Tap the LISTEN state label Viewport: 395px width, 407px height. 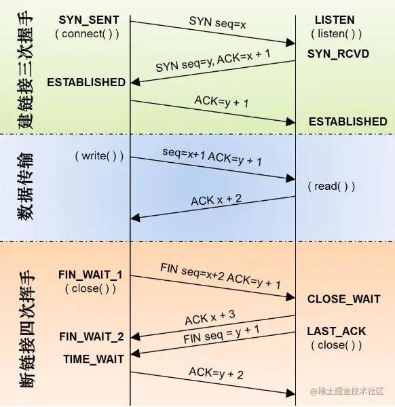[x=335, y=20]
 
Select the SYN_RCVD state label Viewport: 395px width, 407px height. [x=338, y=53]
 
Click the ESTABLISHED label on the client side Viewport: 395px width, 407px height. [x=86, y=82]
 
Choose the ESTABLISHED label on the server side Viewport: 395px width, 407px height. [x=347, y=122]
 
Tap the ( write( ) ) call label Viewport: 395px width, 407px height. [x=99, y=156]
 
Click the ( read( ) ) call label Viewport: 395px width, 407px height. [x=331, y=186]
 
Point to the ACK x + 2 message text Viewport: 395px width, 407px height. [x=217, y=200]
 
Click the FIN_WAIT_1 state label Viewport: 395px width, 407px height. [x=91, y=275]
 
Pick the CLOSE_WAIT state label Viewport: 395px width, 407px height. [x=343, y=299]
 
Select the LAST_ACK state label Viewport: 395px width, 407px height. [x=336, y=331]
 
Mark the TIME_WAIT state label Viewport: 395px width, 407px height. [x=94, y=358]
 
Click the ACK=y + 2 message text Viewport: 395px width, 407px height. [x=217, y=372]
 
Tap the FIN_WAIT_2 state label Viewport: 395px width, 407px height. [x=92, y=336]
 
